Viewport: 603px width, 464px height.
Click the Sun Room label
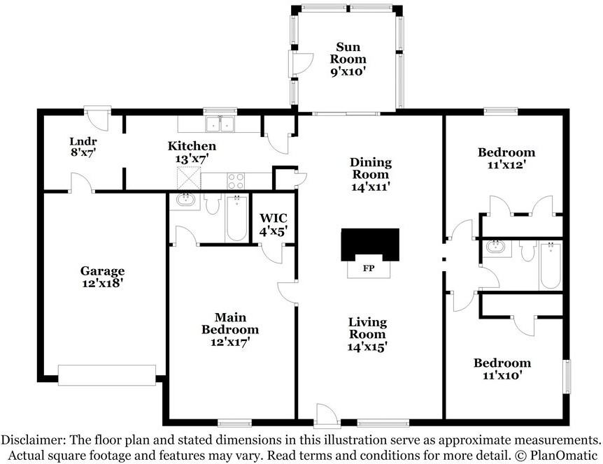[348, 53]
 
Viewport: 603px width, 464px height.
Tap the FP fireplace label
[369, 268]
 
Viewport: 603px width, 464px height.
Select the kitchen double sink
[220, 124]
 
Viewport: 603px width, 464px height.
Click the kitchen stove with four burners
[235, 181]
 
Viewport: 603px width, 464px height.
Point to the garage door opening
[107, 375]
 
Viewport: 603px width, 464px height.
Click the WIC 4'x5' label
[274, 225]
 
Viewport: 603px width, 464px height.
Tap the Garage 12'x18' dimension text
[102, 284]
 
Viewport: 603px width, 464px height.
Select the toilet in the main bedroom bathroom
[212, 203]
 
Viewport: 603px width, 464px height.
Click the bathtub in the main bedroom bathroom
[236, 218]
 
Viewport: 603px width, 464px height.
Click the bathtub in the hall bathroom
[551, 266]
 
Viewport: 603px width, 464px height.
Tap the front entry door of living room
[327, 415]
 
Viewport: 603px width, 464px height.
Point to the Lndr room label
[83, 141]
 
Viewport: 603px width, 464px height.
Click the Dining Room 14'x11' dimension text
[371, 187]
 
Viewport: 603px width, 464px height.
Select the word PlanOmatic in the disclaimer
[563, 456]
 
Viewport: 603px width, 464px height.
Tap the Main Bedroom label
[230, 324]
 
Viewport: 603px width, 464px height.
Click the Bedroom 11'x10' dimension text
[502, 375]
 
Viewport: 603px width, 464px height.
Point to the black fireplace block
[370, 245]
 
